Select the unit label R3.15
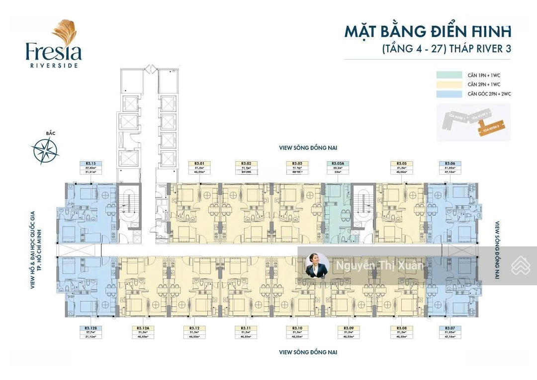click(x=90, y=163)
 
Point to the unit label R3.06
click(x=450, y=163)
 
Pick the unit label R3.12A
click(x=143, y=328)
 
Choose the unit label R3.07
click(x=450, y=328)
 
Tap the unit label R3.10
click(x=297, y=328)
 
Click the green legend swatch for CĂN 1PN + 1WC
click(x=449, y=75)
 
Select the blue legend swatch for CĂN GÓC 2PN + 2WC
click(x=449, y=94)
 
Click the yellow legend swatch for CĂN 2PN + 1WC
click(x=449, y=85)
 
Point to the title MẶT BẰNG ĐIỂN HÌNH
click(x=428, y=31)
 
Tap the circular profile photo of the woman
click(x=317, y=265)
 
